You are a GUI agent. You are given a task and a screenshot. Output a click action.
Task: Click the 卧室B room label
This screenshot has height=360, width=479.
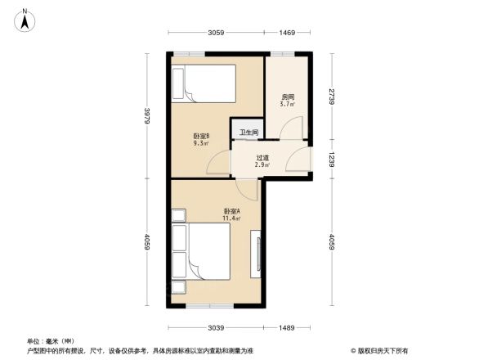pos(201,135)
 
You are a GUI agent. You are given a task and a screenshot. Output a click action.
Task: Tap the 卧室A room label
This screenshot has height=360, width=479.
pos(231,211)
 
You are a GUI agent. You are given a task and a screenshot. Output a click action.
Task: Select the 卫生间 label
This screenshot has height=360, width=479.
pos(248,133)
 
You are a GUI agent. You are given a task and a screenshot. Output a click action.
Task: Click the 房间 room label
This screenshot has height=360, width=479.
pos(287,97)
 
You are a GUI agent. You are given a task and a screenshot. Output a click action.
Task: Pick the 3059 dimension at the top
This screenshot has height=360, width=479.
pos(216,33)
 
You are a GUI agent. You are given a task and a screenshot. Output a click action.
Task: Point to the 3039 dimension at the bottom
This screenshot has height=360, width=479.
pos(214,328)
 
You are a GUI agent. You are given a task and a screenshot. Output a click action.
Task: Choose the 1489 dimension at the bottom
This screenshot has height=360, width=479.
pos(285,328)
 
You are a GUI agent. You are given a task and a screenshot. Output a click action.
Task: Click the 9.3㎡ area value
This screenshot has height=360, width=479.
pos(200,143)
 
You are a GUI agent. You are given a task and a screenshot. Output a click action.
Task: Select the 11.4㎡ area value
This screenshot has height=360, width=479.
pos(231,218)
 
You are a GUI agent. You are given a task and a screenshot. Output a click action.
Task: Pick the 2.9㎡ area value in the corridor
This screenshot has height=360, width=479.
pos(262,166)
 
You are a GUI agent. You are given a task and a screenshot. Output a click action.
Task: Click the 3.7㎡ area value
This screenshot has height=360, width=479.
pos(287,104)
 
